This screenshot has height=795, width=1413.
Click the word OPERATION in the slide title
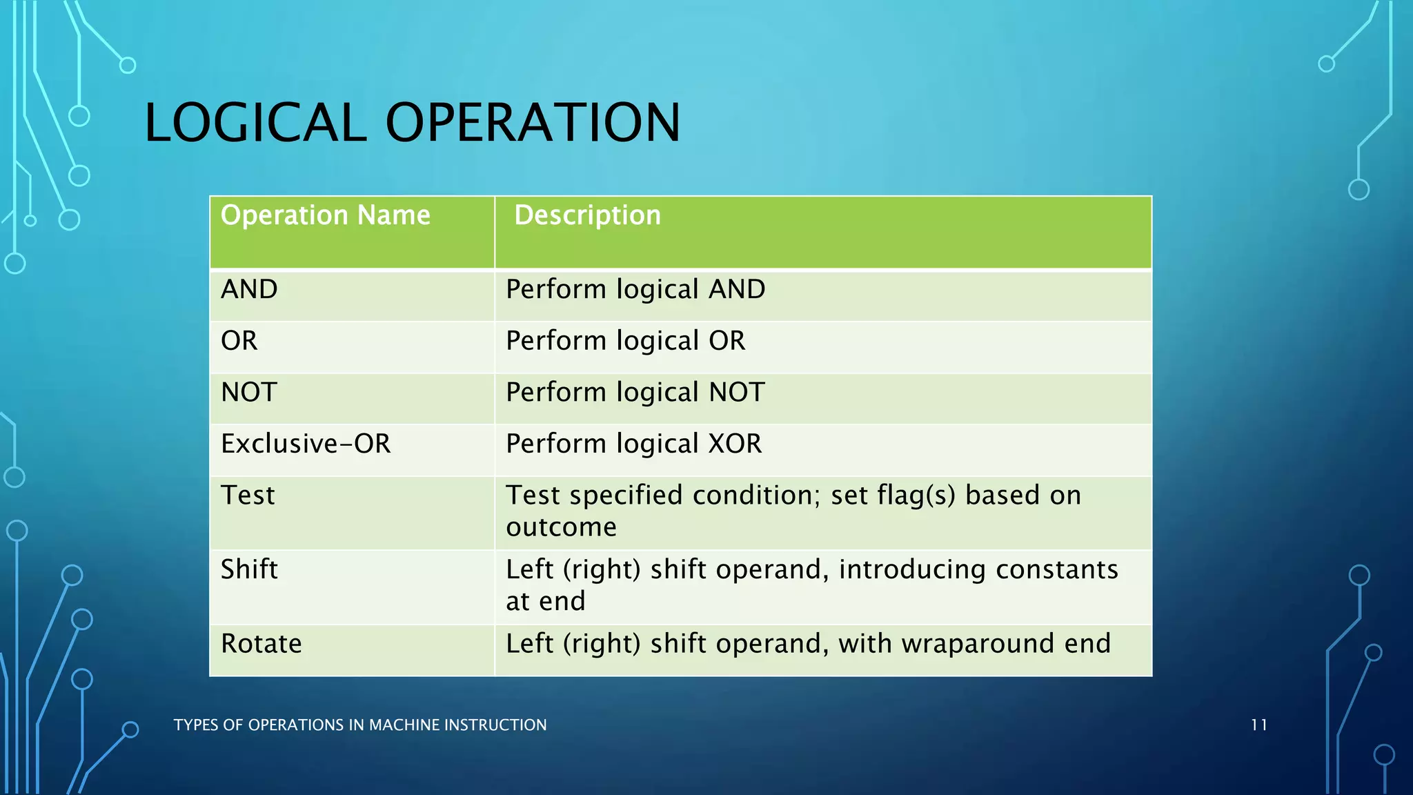tap(533, 123)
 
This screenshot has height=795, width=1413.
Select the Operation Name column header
tap(325, 215)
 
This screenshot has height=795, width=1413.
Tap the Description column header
tap(587, 215)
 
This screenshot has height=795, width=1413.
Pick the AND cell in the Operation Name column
tap(249, 289)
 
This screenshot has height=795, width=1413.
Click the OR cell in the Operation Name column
tap(239, 341)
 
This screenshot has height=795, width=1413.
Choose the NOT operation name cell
tap(249, 393)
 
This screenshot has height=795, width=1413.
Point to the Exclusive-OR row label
tap(306, 444)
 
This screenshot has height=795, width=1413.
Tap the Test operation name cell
tap(248, 495)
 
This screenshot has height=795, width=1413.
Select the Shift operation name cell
tap(249, 569)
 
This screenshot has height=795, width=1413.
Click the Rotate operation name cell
tap(261, 644)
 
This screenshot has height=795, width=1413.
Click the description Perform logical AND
tap(635, 289)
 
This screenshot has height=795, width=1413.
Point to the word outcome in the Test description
tap(561, 527)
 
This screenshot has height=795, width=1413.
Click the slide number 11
tap(1258, 725)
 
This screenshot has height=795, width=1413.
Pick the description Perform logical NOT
tap(635, 393)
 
